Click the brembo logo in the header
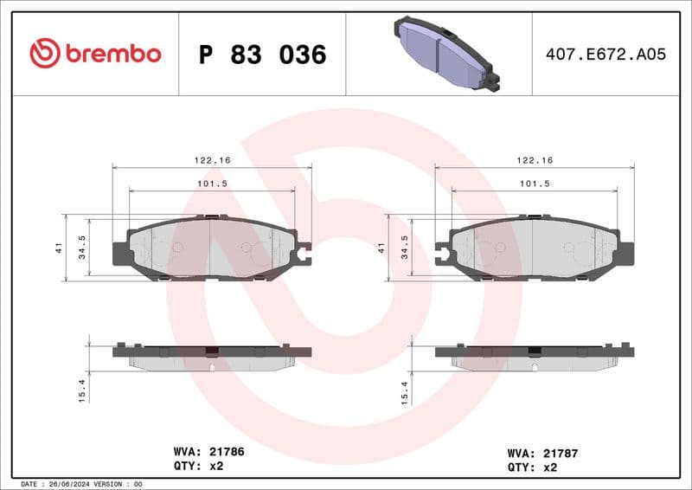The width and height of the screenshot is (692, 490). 95,54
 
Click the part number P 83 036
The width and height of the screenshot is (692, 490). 262,55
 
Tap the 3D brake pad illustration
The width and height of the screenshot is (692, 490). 443,54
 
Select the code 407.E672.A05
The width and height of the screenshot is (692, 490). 605,55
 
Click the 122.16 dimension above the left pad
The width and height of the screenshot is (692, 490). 211,160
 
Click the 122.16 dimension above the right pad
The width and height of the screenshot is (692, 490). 534,160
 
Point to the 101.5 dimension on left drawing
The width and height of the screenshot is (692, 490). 211,184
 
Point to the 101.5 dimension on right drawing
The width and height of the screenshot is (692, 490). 534,184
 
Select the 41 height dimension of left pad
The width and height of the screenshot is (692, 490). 57,248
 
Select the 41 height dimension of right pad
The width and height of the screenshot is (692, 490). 380,248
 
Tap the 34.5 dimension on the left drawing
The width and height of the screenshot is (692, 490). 81,248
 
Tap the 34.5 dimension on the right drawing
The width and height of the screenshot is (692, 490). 404,248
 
